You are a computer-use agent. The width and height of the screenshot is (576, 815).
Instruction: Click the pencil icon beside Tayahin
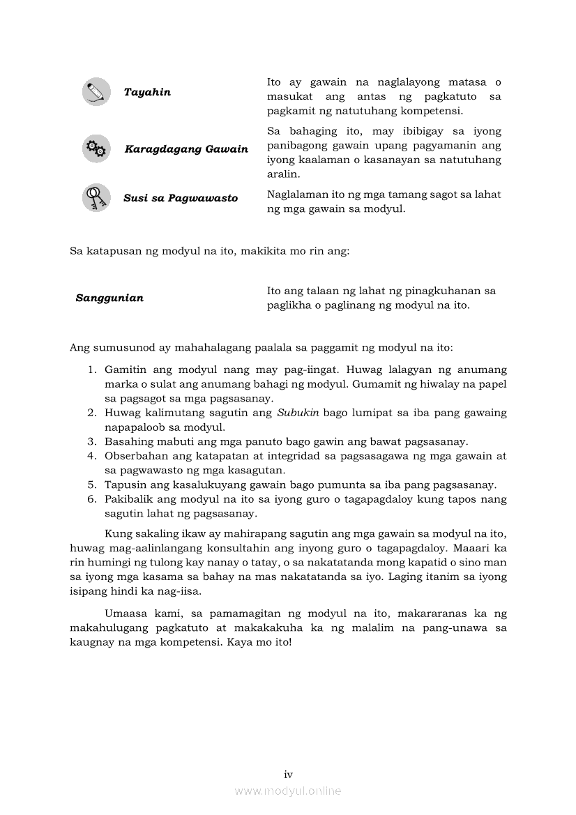[x=96, y=92]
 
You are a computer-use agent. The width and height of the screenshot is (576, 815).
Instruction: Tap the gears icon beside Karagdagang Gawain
[x=96, y=148]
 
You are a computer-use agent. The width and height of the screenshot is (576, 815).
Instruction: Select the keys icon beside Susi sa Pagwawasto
[x=96, y=197]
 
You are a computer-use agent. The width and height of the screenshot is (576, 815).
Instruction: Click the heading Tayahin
[x=147, y=92]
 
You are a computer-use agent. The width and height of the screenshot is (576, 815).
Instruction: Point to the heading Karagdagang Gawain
[x=186, y=149]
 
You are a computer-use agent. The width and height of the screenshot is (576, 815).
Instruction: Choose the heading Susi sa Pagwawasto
[x=181, y=198]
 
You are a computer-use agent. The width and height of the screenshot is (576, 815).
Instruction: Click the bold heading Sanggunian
[x=109, y=298]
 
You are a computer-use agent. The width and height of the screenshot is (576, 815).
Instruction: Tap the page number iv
[x=288, y=774]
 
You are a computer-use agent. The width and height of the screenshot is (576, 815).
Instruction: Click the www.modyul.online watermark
[x=288, y=791]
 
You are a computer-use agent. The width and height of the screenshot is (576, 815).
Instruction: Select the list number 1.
[x=91, y=370]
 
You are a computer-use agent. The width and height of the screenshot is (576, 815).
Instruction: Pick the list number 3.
[x=91, y=441]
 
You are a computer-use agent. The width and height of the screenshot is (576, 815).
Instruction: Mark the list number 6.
[x=91, y=499]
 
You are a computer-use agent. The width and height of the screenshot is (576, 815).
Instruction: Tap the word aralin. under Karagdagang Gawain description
[x=284, y=174]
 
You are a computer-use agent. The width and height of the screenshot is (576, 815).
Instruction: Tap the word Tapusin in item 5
[x=123, y=485]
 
